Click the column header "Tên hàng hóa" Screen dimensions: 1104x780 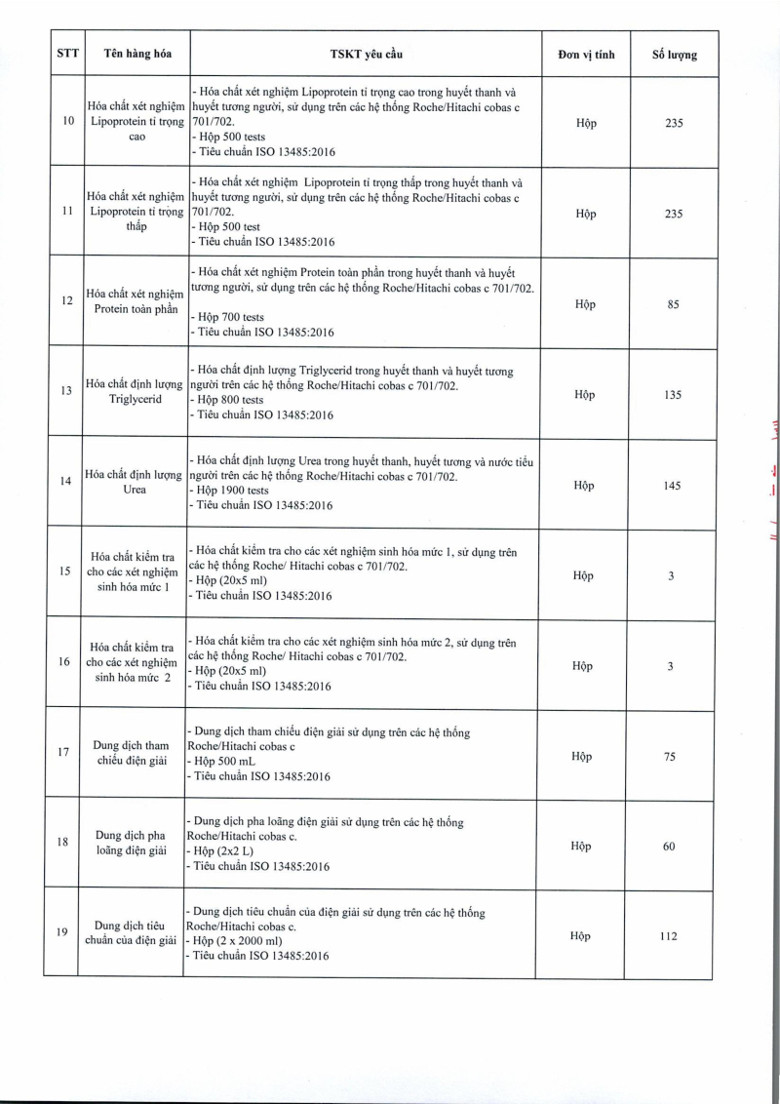point(137,54)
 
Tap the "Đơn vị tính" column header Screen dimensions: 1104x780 point(586,54)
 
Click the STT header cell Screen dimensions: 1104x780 point(67,54)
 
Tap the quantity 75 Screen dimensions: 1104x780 point(670,757)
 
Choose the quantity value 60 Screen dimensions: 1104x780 point(670,847)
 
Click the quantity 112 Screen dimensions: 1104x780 point(671,936)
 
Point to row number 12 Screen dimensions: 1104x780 point(67,300)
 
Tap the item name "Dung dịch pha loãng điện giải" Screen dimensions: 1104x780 point(137,843)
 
